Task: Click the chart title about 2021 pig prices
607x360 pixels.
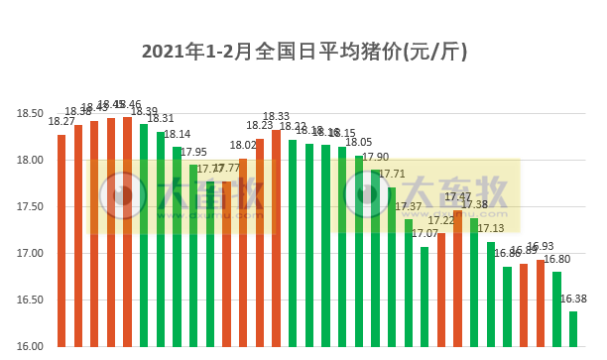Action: click(303, 51)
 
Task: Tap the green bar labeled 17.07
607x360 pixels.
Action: click(425, 297)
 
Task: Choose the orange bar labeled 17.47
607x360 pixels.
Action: click(457, 278)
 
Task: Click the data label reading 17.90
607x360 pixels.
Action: click(376, 157)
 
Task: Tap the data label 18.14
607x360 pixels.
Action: click(178, 134)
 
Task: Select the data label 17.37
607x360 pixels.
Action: click(409, 206)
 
